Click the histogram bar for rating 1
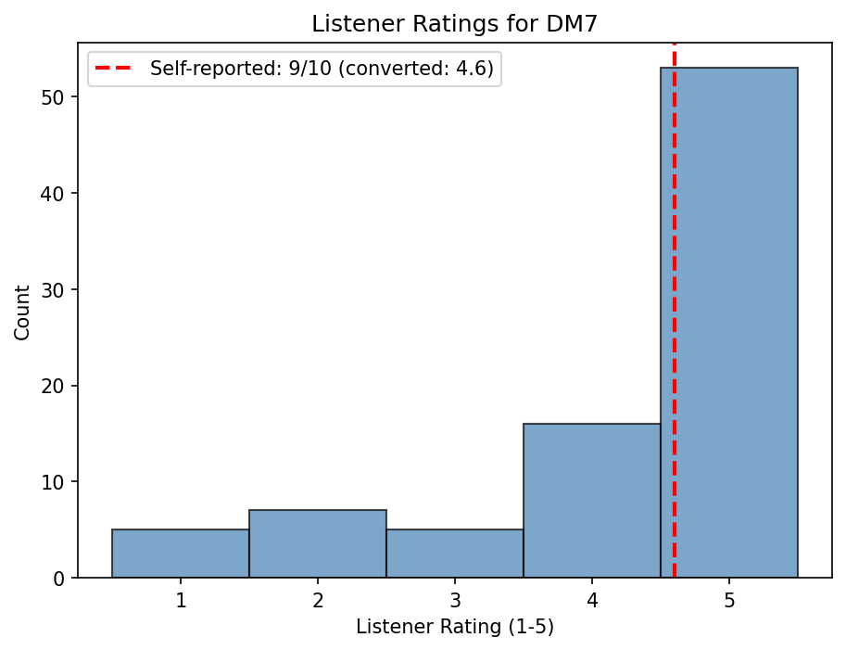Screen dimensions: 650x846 tap(181, 554)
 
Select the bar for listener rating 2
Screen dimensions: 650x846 tap(318, 544)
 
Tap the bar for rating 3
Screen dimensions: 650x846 tap(455, 554)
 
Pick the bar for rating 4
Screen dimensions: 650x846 tap(592, 501)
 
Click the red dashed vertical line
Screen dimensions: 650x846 tap(675, 278)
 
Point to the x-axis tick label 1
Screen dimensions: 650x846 tap(181, 600)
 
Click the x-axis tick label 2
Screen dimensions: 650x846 tap(318, 600)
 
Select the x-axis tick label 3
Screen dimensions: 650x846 tap(455, 600)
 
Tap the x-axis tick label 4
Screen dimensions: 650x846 tap(592, 600)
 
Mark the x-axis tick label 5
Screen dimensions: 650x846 tap(729, 600)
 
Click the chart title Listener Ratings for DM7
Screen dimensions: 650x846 tap(455, 24)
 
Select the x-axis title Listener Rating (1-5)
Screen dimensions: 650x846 tap(455, 628)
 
